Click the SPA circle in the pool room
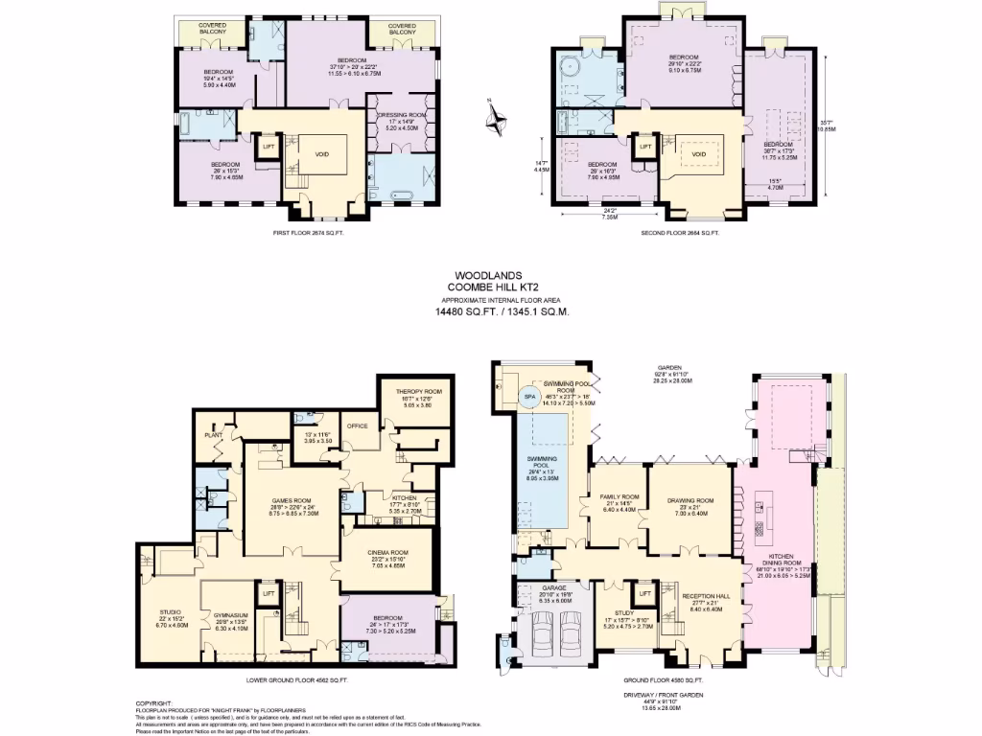pyautogui.click(x=527, y=396)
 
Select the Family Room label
pyautogui.click(x=618, y=496)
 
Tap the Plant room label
pyautogui.click(x=213, y=435)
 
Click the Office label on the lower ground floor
pyautogui.click(x=358, y=426)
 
